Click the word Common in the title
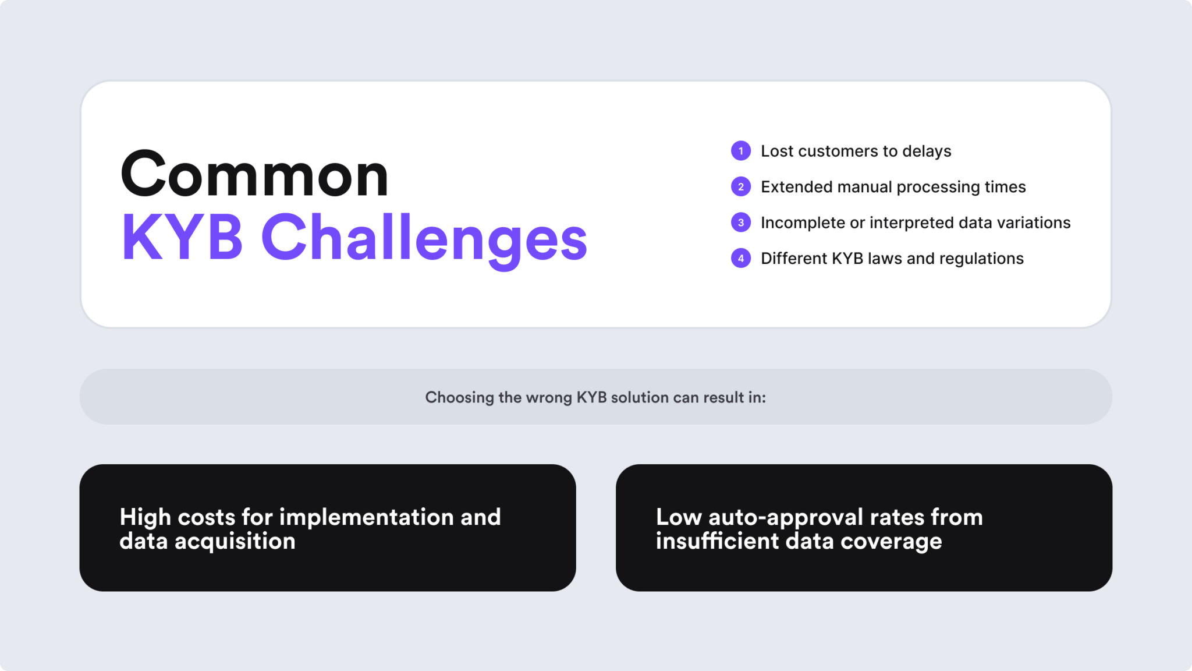tap(254, 174)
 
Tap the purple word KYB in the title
tap(182, 238)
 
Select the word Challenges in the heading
tap(424, 239)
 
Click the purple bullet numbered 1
tap(740, 151)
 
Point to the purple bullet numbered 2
tap(740, 187)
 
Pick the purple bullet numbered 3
tap(740, 223)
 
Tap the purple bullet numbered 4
tap(740, 258)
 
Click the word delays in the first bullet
tap(927, 151)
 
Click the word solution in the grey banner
tap(640, 397)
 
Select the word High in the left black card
tap(145, 517)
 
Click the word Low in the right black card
tap(678, 517)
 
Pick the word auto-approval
tap(786, 518)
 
